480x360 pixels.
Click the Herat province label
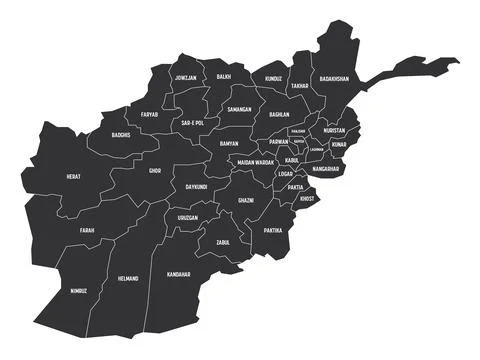pos(74,176)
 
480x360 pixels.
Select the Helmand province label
pos(128,278)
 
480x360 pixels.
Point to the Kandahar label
pos(179,273)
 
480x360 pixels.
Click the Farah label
pos(87,230)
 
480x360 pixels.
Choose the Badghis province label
pos(121,135)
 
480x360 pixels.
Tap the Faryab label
pos(149,115)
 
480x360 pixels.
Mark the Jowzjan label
pos(185,76)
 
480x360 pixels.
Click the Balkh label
pos(224,76)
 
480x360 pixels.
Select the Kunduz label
pos(274,77)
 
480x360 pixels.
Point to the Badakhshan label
pos(335,77)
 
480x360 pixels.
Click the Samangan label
pos(239,108)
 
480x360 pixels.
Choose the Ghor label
pos(154,170)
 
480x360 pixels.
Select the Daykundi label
pos(195,186)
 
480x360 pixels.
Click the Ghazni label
pos(246,200)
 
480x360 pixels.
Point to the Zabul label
pos(221,242)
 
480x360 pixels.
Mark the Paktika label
pos(273,230)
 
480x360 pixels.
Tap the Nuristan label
pos(334,130)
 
